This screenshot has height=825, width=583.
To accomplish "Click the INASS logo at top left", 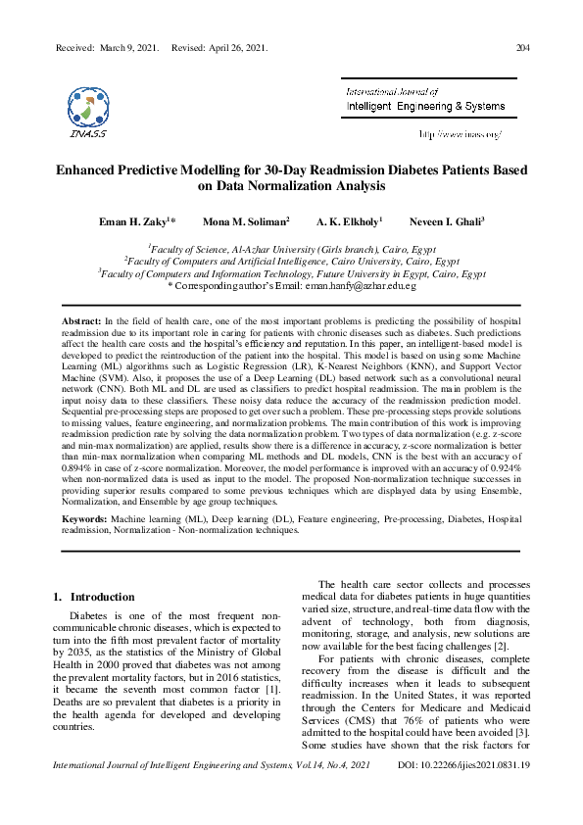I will (88, 107).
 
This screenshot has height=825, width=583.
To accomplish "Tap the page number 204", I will (523, 47).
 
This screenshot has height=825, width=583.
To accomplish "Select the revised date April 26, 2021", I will (235, 47).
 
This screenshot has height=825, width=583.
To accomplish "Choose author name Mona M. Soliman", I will (244, 223).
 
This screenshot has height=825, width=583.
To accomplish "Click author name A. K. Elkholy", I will (348, 223).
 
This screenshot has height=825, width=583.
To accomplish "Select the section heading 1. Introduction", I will (93, 597).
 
